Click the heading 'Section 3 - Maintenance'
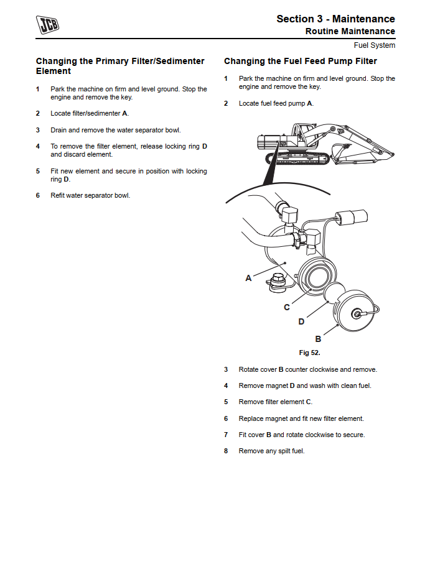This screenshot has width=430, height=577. tap(335, 19)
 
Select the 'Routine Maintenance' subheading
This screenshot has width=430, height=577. tap(350, 31)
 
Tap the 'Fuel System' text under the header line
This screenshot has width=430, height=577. tap(374, 45)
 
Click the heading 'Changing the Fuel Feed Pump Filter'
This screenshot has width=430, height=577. tap(300, 62)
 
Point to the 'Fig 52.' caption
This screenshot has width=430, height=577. tap(309, 353)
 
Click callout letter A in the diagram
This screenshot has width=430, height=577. tap(248, 278)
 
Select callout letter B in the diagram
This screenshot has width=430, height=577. tap(318, 339)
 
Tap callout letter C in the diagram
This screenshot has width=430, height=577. tap(287, 307)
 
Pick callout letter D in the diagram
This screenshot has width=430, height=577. tap(301, 321)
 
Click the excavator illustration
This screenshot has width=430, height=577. tap(320, 144)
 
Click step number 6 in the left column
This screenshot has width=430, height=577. tap(37, 195)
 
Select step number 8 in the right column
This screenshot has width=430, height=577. tap(226, 451)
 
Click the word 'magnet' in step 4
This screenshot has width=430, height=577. tap(277, 385)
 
